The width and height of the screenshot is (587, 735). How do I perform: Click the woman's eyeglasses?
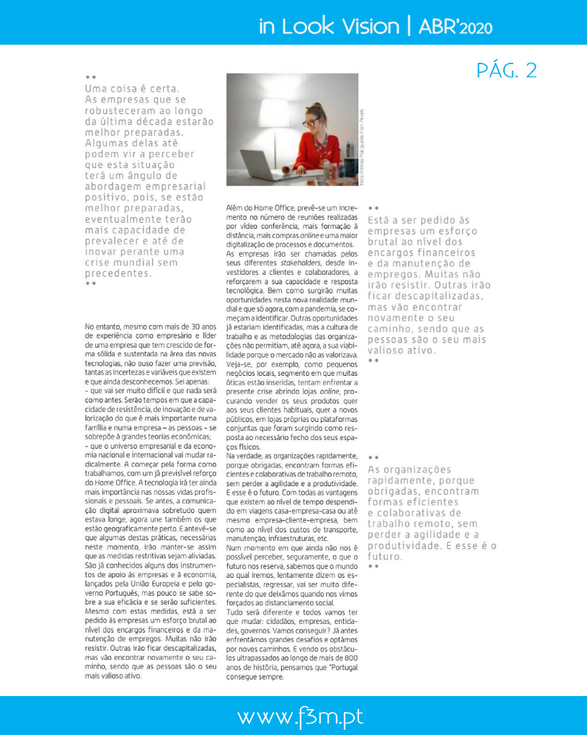(x=311, y=122)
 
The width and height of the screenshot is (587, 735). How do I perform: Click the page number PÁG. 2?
(x=507, y=71)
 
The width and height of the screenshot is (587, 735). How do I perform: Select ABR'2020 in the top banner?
(x=454, y=27)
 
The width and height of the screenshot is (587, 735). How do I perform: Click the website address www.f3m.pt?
(x=300, y=718)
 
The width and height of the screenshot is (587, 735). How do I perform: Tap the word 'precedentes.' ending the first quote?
(x=119, y=273)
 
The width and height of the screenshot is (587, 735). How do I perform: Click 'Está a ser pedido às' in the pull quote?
(x=418, y=220)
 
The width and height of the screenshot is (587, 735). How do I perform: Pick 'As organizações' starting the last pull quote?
(x=409, y=470)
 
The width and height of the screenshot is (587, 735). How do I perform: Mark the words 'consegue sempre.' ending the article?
(x=256, y=676)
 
